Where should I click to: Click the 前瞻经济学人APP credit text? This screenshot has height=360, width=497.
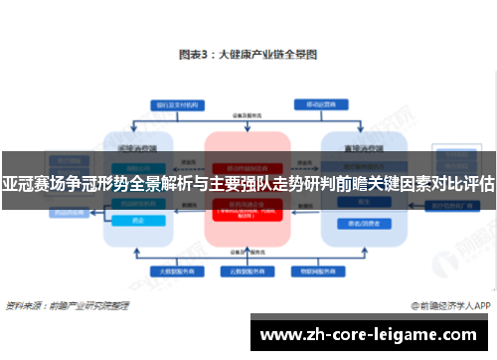point(451,304)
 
